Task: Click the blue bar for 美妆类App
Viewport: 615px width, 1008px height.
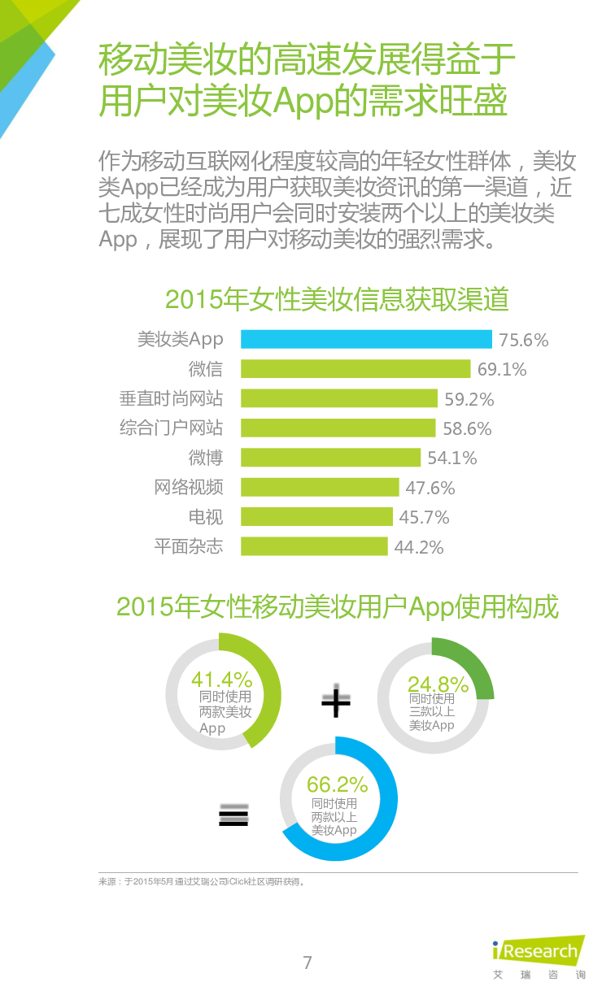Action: tap(366, 339)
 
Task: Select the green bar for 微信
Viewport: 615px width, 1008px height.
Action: tap(355, 369)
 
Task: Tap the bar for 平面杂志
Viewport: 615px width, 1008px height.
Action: tap(314, 546)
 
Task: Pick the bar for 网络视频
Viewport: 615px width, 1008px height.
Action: tap(320, 487)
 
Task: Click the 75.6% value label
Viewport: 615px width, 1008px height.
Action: tap(523, 340)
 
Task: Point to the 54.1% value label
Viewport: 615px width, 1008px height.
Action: tap(452, 458)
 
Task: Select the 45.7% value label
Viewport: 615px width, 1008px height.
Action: tap(424, 518)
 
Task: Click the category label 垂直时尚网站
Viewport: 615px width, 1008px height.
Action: tap(171, 398)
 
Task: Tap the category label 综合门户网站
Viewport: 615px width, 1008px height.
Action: tap(171, 428)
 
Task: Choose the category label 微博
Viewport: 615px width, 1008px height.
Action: tap(205, 458)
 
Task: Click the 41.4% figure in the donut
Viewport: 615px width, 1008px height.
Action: tap(221, 680)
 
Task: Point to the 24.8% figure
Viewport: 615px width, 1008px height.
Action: tap(438, 684)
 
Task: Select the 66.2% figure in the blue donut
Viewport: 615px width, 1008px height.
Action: tap(337, 785)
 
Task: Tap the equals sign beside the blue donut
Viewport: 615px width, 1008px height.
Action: tap(233, 816)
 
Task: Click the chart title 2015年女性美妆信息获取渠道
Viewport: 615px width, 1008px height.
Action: tap(337, 300)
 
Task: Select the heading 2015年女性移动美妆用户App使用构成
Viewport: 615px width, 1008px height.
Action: tap(338, 606)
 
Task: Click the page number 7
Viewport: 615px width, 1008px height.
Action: tap(307, 963)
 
